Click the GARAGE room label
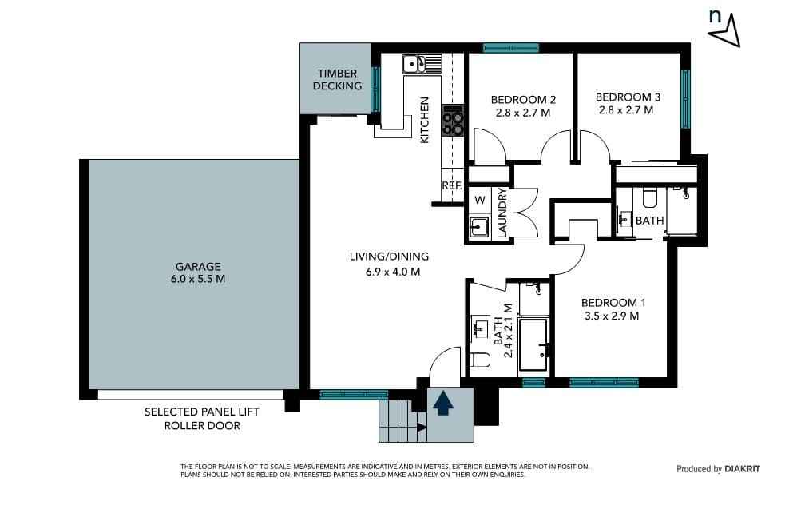[198, 267]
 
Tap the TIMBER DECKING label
[338, 80]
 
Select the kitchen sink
[414, 64]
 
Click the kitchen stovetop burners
[453, 120]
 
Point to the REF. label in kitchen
[451, 185]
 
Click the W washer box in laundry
[480, 200]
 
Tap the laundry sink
[479, 228]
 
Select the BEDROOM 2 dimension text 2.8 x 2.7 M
[523, 113]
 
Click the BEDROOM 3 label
[628, 97]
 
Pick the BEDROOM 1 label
[613, 303]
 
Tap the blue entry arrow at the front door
[443, 404]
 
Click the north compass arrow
[728, 32]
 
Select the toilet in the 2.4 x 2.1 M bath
[481, 359]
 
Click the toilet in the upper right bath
[649, 197]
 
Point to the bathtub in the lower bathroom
[533, 344]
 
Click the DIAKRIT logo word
[742, 469]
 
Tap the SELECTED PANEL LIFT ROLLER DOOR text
[202, 419]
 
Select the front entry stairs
[402, 421]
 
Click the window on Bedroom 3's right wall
[685, 99]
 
